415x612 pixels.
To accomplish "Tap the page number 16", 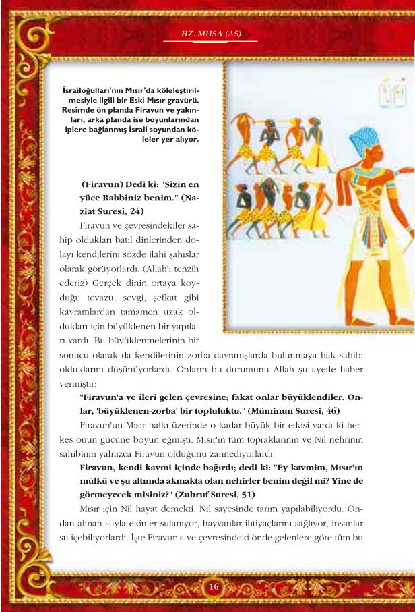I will [214, 586].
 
